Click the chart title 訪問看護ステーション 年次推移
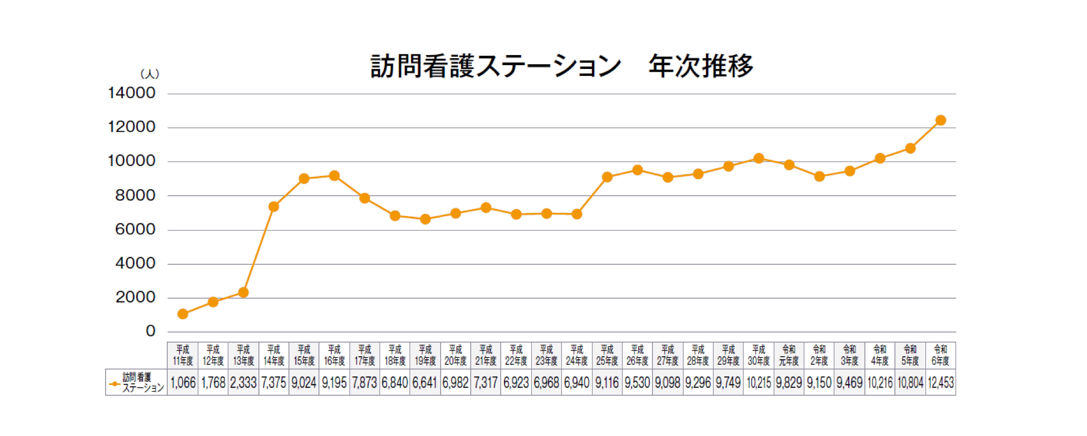point(561,66)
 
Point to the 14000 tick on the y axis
point(132,93)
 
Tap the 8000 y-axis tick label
point(135,195)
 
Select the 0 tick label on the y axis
point(151,331)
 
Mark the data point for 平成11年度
point(183,314)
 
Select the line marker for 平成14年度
point(273,206)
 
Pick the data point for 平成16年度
point(334,176)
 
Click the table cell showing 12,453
point(940,383)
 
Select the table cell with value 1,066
point(183,383)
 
